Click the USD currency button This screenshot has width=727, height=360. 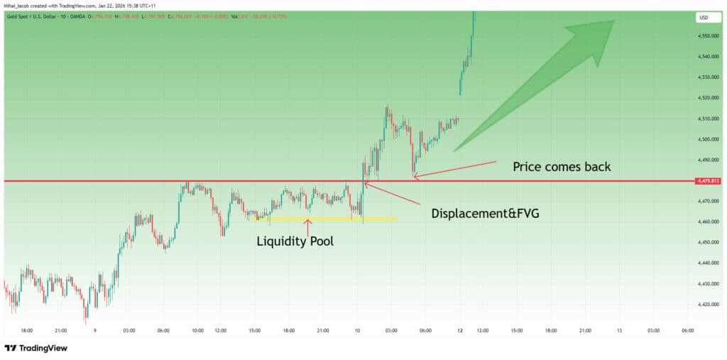pos(704,18)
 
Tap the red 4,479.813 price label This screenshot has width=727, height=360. pos(709,181)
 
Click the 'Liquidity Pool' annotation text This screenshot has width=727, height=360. pos(295,241)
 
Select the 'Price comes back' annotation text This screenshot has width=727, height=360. pos(562,168)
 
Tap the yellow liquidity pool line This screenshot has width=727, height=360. pos(327,219)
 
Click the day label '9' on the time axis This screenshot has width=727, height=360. pos(94,330)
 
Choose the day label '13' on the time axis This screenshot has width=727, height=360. pos(619,330)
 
